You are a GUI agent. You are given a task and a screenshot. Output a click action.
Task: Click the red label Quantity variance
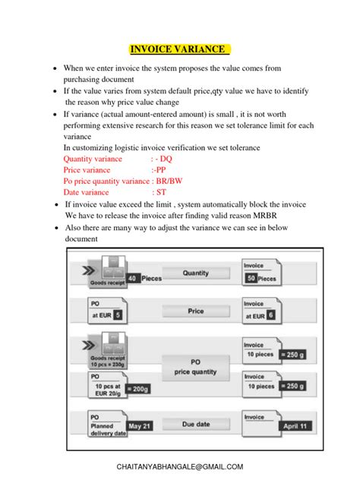tap(93, 159)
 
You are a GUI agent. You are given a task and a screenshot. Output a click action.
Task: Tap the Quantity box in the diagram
tap(196, 273)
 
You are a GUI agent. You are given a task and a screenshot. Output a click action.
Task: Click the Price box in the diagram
tap(196, 311)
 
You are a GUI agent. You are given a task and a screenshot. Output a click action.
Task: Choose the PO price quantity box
tap(195, 367)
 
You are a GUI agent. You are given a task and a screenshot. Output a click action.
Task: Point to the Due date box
tap(196, 424)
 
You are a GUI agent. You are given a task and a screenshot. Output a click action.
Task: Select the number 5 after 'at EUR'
tap(118, 313)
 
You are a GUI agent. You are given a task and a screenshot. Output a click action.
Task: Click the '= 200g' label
tap(137, 389)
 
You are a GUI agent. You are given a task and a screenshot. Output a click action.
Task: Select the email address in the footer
tap(180, 466)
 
